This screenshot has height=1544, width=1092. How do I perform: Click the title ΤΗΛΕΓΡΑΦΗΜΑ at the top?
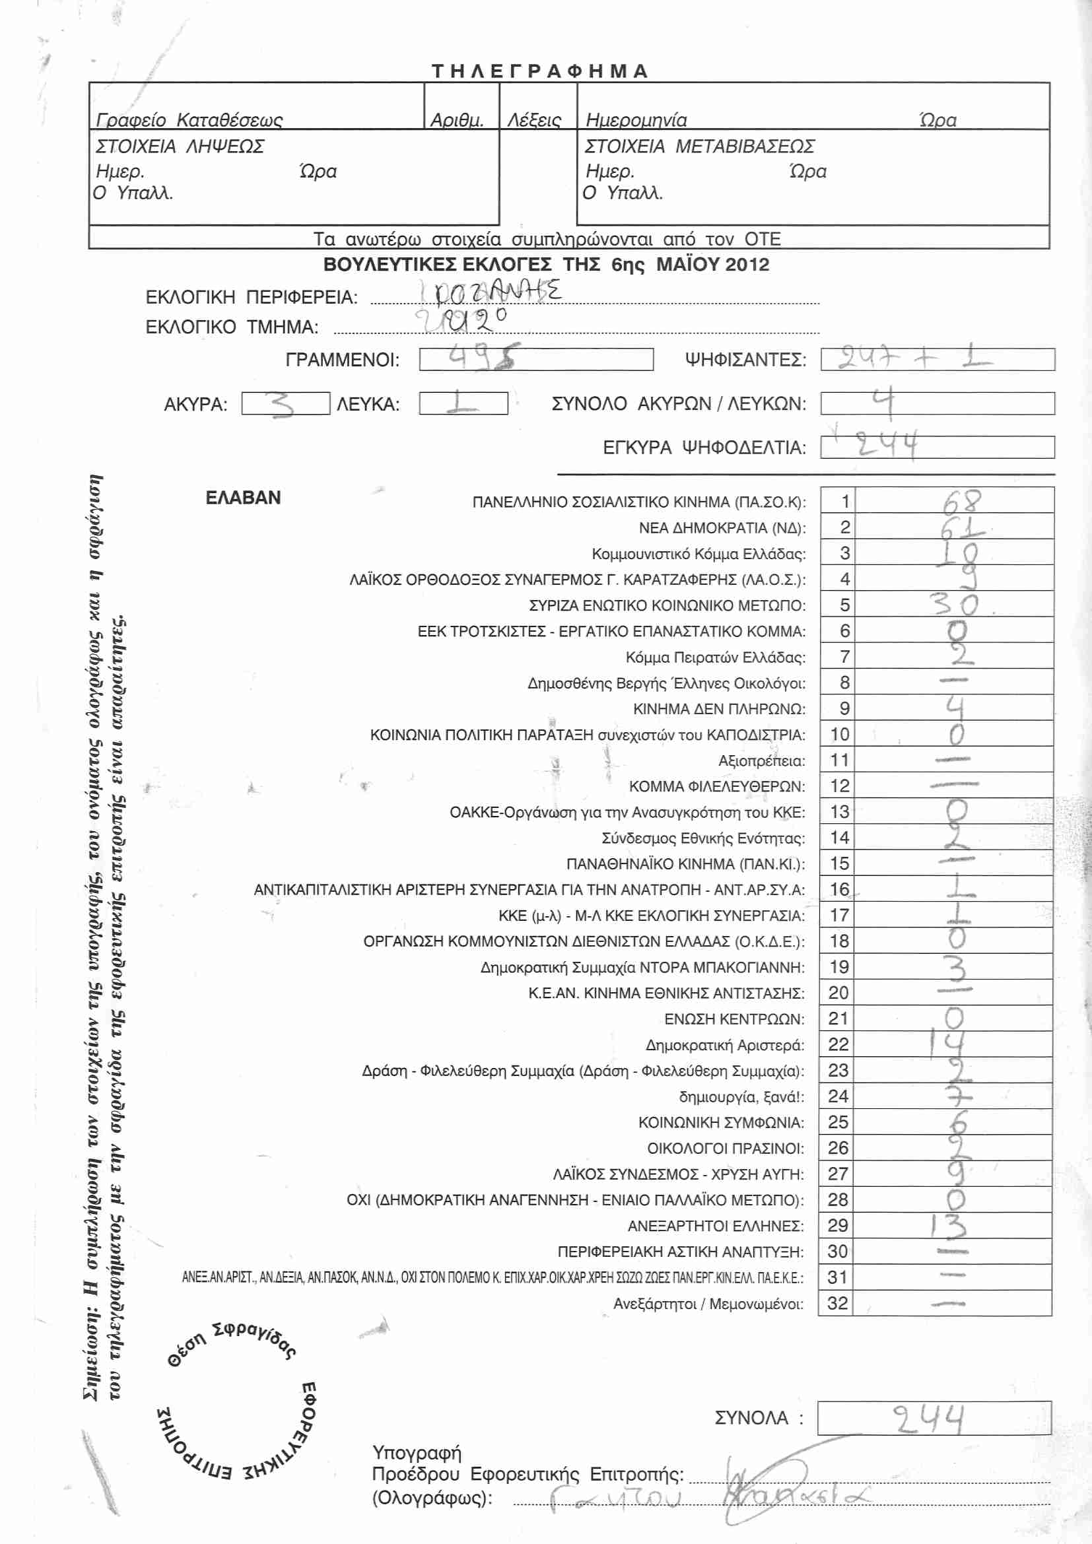539,71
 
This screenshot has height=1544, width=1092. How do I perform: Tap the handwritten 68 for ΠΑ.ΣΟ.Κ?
961,502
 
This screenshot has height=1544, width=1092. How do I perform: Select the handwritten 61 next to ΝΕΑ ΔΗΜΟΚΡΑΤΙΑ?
961,528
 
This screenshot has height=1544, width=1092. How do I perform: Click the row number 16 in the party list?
839,890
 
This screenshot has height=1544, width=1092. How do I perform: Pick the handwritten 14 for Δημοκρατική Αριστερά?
948,1044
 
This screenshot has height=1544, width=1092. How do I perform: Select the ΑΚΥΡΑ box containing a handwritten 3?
285,404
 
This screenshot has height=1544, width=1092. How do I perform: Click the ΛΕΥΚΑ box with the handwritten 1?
463,403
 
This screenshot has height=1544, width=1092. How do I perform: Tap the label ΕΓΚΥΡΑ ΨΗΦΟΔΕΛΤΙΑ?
704,448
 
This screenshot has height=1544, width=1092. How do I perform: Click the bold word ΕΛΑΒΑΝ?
243,498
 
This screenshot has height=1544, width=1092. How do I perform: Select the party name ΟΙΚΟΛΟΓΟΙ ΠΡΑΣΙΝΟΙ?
725,1148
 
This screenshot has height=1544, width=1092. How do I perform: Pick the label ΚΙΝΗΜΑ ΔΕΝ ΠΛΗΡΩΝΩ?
718,710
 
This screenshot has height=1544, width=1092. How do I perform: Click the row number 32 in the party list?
838,1303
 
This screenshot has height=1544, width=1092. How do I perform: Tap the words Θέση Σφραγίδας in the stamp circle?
232,1344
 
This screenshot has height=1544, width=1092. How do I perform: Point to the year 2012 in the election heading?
747,264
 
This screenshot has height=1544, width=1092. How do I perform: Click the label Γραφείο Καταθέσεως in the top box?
189,120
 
